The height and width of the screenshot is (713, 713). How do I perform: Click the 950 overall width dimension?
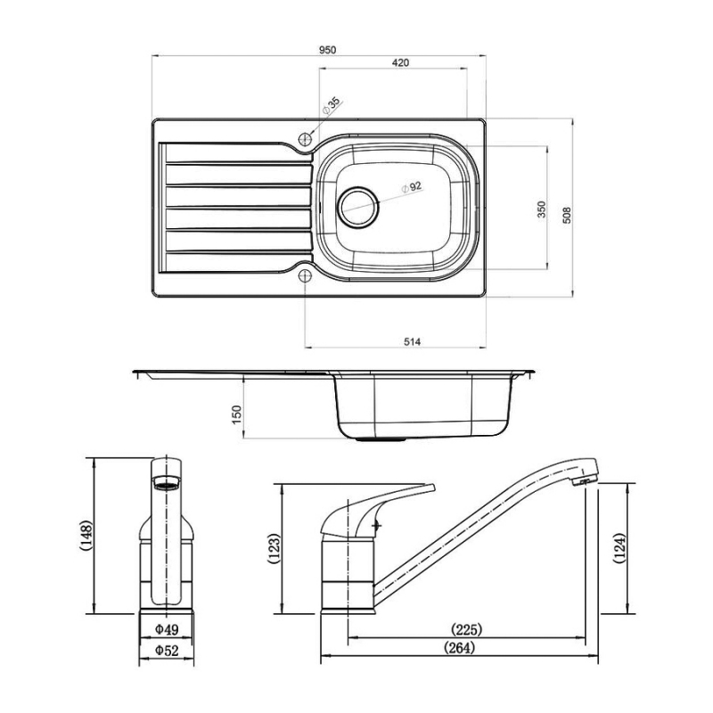pos(327,51)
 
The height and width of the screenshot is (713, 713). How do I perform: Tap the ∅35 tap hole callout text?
pos(332,107)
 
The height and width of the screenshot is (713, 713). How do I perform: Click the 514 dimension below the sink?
pos(411,341)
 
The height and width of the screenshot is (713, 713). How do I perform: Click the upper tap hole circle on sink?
pos(306,139)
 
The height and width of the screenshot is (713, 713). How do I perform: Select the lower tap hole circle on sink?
pos(306,275)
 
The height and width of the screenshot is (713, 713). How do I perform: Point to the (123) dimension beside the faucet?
pos(275,550)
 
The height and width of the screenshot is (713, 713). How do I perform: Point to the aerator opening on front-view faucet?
pos(165,485)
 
